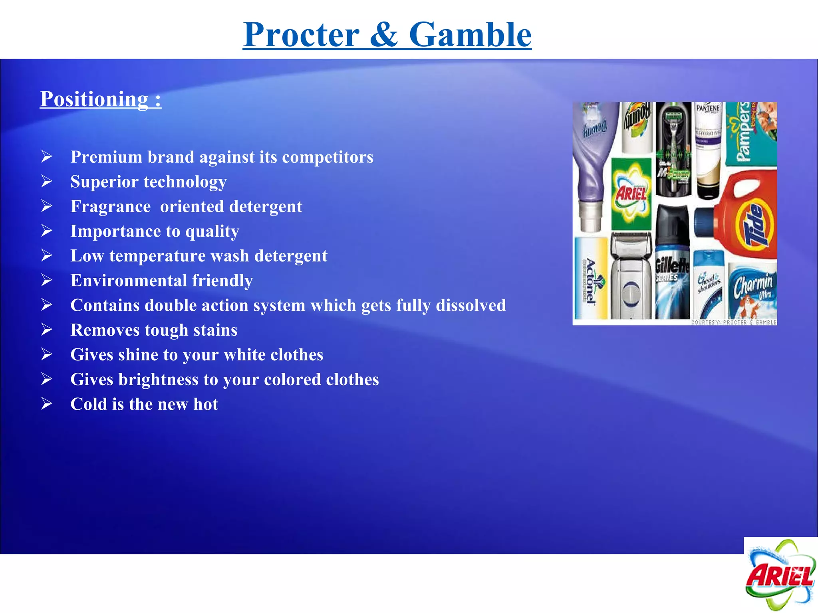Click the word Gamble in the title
click(x=470, y=35)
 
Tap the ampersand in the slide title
click(x=384, y=35)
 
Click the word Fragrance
click(x=111, y=207)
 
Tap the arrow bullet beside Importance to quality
click(x=47, y=231)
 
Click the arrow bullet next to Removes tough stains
click(x=47, y=330)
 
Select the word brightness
click(x=158, y=380)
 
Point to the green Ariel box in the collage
click(x=631, y=194)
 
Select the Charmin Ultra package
click(x=752, y=291)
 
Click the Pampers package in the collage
click(x=750, y=134)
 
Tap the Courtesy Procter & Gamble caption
click(x=734, y=322)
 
